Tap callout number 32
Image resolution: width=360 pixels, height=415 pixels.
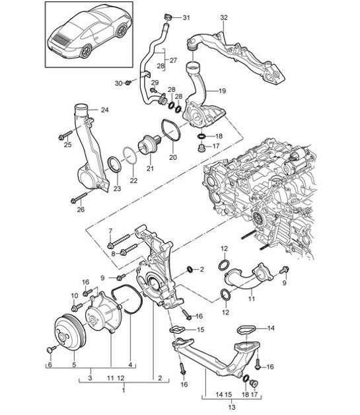[224, 17]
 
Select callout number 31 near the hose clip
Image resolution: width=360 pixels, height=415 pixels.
[186, 17]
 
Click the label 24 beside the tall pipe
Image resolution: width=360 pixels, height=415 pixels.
[104, 110]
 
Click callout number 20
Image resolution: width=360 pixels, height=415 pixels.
[173, 157]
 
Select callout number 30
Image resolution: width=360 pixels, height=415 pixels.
[119, 83]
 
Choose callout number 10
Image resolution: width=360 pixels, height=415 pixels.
[74, 295]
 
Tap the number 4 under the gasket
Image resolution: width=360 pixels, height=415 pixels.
[129, 364]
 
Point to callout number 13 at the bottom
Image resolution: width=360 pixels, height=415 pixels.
[232, 407]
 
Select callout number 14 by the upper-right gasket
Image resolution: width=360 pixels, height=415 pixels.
[270, 326]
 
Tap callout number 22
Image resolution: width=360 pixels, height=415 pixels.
[133, 180]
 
